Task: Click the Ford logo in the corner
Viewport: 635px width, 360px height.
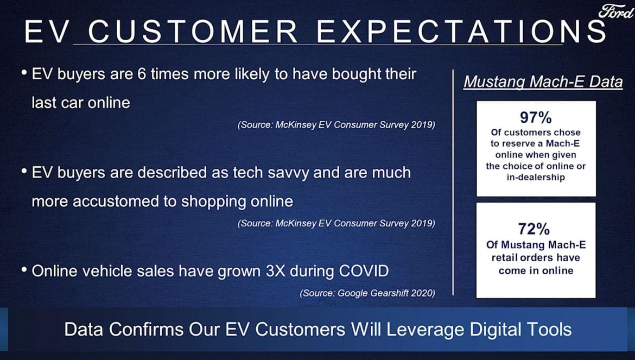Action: click(x=615, y=12)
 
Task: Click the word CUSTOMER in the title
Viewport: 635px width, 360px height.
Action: click(x=193, y=31)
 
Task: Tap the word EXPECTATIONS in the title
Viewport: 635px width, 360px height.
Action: click(x=461, y=31)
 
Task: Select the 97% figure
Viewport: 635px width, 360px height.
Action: click(x=536, y=117)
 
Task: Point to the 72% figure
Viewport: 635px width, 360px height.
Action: click(x=534, y=229)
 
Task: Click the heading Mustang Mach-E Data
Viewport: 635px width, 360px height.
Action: click(x=543, y=82)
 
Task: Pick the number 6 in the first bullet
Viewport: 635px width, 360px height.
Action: click(x=141, y=74)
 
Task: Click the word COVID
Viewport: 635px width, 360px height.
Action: click(x=364, y=271)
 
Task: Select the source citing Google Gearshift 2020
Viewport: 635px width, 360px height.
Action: click(x=367, y=293)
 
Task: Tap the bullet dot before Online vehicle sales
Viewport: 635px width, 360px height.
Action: click(x=24, y=269)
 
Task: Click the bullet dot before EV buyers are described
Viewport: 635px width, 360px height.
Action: click(x=24, y=170)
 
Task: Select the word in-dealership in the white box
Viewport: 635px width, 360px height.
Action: click(x=535, y=178)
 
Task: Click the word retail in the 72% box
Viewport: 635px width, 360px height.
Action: click(x=505, y=257)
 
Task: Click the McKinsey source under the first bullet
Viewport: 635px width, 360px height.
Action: click(x=336, y=124)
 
